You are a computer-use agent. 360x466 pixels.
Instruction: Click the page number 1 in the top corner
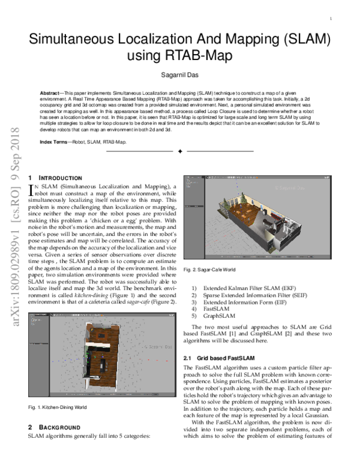tap(331, 20)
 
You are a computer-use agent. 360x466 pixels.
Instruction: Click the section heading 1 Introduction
tap(55, 178)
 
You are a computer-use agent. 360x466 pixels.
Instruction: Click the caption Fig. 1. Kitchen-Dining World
tap(58, 408)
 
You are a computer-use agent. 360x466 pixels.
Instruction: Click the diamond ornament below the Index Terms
tap(180, 152)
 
